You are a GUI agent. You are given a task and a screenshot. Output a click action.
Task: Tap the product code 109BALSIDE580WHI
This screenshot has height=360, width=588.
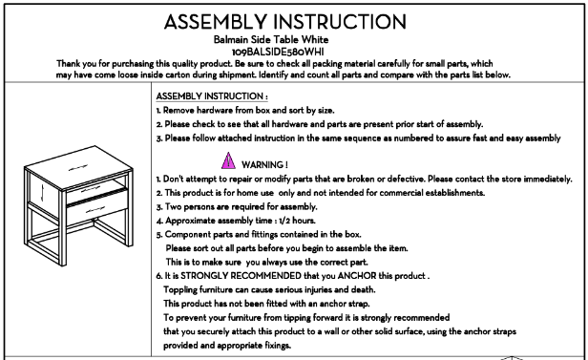click(x=278, y=52)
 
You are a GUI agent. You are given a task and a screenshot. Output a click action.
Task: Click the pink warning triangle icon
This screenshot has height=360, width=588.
click(x=228, y=160)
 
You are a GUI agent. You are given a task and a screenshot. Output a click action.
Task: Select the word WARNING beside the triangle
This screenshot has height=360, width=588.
click(x=262, y=164)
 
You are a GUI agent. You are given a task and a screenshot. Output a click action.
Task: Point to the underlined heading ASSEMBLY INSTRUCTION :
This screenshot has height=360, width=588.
click(x=212, y=96)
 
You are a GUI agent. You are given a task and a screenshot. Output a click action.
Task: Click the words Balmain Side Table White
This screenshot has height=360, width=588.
click(x=271, y=39)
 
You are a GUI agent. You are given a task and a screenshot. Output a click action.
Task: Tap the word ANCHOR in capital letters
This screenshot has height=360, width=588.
click(x=357, y=276)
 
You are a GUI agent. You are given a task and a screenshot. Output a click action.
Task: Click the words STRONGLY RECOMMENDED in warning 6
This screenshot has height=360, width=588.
click(x=241, y=276)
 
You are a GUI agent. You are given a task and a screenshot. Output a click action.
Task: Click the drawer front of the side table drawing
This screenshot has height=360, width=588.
click(x=97, y=207)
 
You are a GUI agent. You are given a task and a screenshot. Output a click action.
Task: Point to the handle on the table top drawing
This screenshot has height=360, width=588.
click(x=78, y=167)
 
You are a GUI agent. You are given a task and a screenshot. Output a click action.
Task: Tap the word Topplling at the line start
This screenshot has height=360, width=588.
click(x=180, y=290)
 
